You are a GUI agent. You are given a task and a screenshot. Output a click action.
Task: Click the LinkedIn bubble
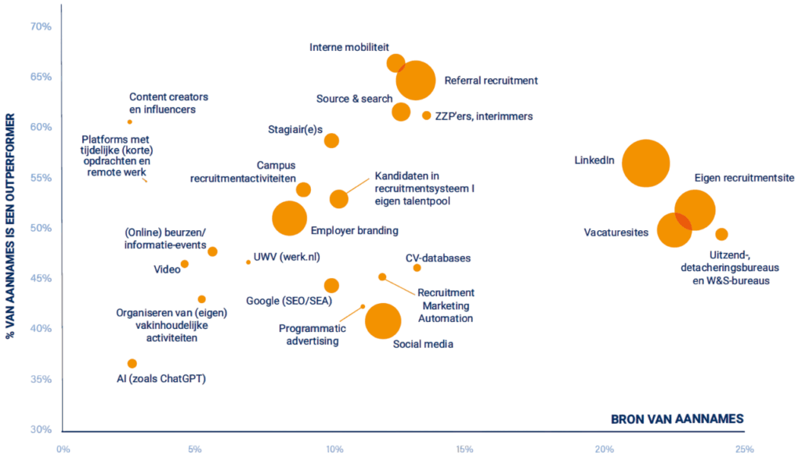tap(645, 163)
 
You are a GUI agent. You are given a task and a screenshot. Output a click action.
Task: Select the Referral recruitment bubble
tap(416, 80)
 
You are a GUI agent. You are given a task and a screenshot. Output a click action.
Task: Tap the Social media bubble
tap(383, 320)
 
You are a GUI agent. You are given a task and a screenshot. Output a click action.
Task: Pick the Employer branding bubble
tap(290, 218)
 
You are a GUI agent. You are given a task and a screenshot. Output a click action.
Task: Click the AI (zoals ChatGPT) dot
tap(132, 363)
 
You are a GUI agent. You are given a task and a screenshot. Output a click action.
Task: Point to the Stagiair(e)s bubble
tap(331, 141)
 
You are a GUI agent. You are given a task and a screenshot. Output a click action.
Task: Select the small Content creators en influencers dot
tap(130, 122)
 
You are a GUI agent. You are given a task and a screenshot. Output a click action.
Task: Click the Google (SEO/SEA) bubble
tap(331, 286)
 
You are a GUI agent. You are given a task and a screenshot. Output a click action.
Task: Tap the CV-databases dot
tap(417, 268)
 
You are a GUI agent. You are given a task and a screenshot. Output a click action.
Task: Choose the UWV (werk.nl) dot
tap(248, 262)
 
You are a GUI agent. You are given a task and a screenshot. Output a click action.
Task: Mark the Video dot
tap(184, 264)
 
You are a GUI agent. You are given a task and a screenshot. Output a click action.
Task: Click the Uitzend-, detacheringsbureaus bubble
tap(721, 234)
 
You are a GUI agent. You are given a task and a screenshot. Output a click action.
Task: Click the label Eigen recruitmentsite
tap(744, 179)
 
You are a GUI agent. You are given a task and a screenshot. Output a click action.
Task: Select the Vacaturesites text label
tap(616, 233)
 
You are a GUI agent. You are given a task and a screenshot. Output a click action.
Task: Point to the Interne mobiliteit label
tap(349, 47)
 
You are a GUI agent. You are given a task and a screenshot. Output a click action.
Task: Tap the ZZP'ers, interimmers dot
tap(426, 116)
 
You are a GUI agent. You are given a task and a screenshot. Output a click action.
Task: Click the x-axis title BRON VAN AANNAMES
tap(677, 419)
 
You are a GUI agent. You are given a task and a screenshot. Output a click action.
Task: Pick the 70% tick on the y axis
tap(41, 27)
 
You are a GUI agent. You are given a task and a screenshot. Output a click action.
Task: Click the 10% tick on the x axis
tap(334, 450)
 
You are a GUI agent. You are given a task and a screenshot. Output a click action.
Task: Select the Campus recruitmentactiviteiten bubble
tap(303, 190)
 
